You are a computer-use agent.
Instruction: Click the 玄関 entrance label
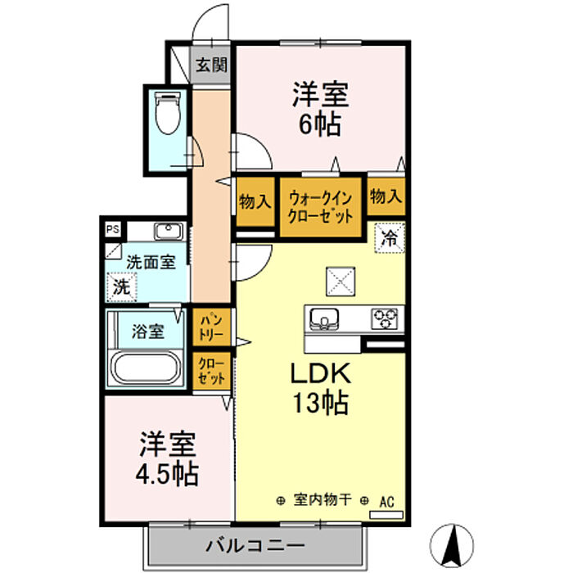[x=211, y=65]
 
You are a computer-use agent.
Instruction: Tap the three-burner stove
[x=384, y=318]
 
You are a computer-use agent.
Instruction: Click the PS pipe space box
[x=111, y=230]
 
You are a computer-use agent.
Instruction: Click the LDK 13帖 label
[x=322, y=388]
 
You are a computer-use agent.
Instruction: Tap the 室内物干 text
[x=323, y=500]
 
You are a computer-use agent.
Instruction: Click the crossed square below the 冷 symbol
[x=340, y=282]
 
